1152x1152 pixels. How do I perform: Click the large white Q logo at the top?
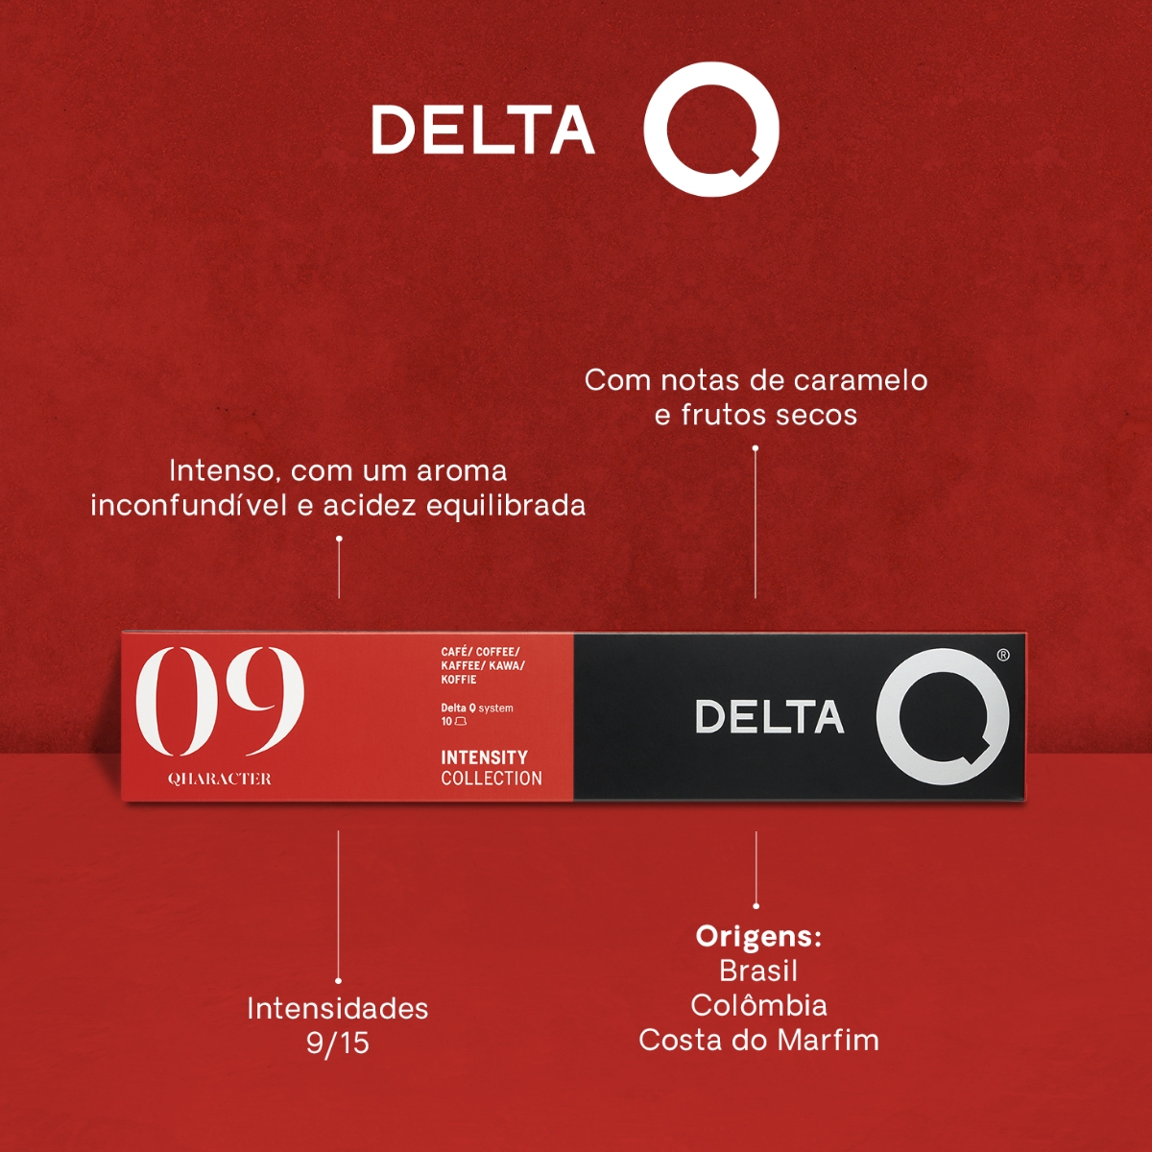[710, 129]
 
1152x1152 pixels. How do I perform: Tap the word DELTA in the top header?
[483, 130]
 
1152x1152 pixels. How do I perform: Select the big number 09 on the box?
[220, 700]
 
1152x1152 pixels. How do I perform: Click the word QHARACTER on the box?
[220, 779]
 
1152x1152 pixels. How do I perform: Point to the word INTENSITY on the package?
[484, 757]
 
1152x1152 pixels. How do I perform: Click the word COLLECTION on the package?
[492, 779]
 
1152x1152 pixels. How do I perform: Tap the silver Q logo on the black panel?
[943, 716]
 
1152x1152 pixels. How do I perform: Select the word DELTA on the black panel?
[769, 717]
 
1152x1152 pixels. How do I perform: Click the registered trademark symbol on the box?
[1003, 655]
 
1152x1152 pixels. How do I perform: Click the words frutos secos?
[769, 415]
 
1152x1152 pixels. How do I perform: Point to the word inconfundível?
[188, 505]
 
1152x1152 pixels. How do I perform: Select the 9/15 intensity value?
[337, 1044]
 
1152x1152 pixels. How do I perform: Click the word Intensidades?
[337, 1008]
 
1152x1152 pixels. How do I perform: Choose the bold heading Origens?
[758, 936]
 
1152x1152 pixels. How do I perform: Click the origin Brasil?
[758, 971]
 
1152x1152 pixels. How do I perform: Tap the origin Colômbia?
[758, 1005]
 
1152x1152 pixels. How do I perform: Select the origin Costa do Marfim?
[758, 1040]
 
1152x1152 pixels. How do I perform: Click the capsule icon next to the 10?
[461, 721]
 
